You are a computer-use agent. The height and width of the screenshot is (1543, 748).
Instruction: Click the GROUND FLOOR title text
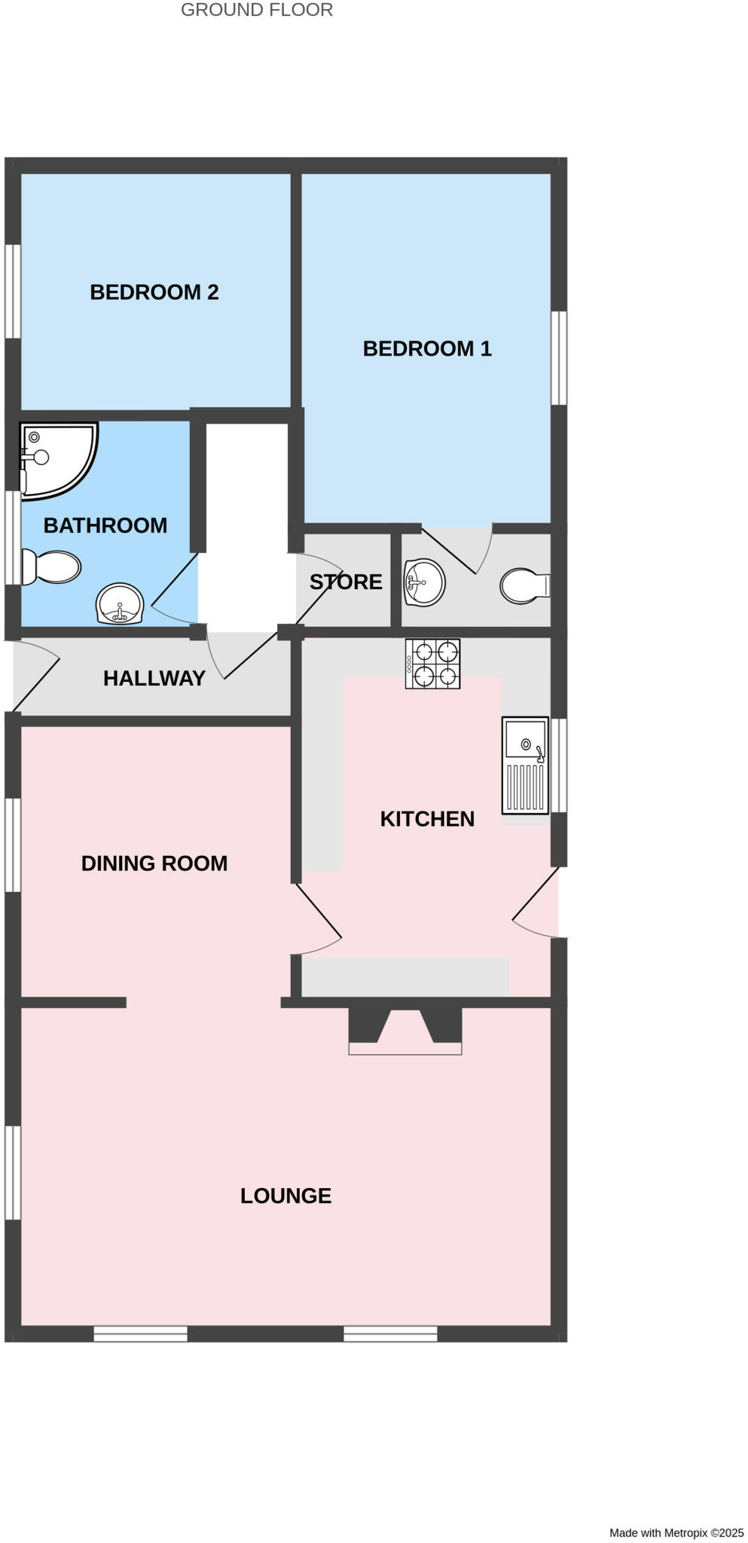click(256, 10)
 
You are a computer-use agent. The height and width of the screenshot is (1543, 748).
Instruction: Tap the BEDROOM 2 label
click(154, 292)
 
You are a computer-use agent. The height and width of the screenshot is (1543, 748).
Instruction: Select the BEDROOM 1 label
click(426, 349)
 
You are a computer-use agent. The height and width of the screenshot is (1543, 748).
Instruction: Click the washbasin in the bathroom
click(120, 604)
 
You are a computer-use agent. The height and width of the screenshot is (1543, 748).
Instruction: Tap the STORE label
click(346, 582)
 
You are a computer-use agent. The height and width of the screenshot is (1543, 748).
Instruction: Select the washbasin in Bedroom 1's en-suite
click(423, 582)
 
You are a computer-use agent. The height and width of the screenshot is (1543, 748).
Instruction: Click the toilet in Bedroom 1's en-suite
click(525, 585)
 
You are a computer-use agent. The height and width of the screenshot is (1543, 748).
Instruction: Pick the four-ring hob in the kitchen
click(432, 664)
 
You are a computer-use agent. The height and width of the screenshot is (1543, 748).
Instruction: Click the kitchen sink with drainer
click(525, 765)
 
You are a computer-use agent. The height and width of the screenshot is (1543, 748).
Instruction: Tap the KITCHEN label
click(426, 819)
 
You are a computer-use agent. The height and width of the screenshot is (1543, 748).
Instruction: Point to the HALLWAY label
click(154, 678)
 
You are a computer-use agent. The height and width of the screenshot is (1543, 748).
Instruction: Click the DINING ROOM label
click(154, 863)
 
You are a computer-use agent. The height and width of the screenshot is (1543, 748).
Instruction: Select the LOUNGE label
click(285, 1196)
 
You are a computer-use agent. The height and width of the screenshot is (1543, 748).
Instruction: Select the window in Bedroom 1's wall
click(558, 359)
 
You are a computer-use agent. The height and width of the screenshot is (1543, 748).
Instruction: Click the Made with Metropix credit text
click(676, 1532)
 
